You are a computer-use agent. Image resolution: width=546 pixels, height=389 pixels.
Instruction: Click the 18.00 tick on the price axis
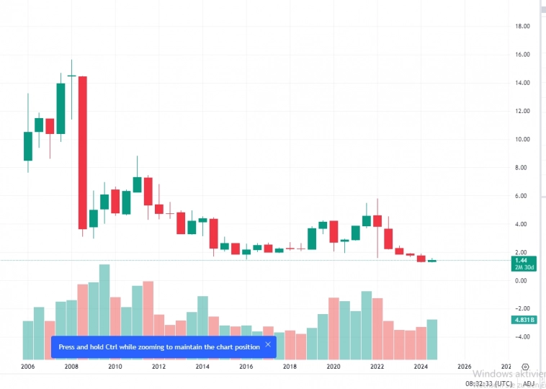click(522, 26)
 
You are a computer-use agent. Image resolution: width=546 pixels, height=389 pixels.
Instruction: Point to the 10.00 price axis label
click(522, 139)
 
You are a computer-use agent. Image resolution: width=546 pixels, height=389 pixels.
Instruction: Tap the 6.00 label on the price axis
click(522, 196)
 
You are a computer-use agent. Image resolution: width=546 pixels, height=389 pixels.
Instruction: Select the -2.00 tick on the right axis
click(522, 308)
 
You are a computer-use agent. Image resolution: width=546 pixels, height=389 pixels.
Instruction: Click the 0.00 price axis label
click(522, 280)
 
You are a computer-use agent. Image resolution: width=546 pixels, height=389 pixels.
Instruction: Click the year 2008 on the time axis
click(71, 367)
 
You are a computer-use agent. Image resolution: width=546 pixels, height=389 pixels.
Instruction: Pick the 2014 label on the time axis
click(202, 367)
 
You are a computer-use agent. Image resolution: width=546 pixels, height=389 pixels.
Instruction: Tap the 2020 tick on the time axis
click(333, 367)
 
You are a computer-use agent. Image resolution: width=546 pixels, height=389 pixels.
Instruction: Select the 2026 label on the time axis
click(465, 367)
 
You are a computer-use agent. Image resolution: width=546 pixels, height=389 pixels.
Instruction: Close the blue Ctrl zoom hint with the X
click(268, 345)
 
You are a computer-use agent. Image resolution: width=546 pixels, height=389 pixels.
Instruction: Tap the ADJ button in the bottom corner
click(529, 384)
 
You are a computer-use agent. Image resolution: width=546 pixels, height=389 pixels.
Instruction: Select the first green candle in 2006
click(28, 146)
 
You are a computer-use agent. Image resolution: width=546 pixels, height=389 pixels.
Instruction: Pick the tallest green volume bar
click(104, 311)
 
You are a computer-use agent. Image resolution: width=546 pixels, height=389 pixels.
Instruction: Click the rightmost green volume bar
click(432, 339)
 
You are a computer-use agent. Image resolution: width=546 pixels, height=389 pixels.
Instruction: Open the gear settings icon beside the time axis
click(526, 367)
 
